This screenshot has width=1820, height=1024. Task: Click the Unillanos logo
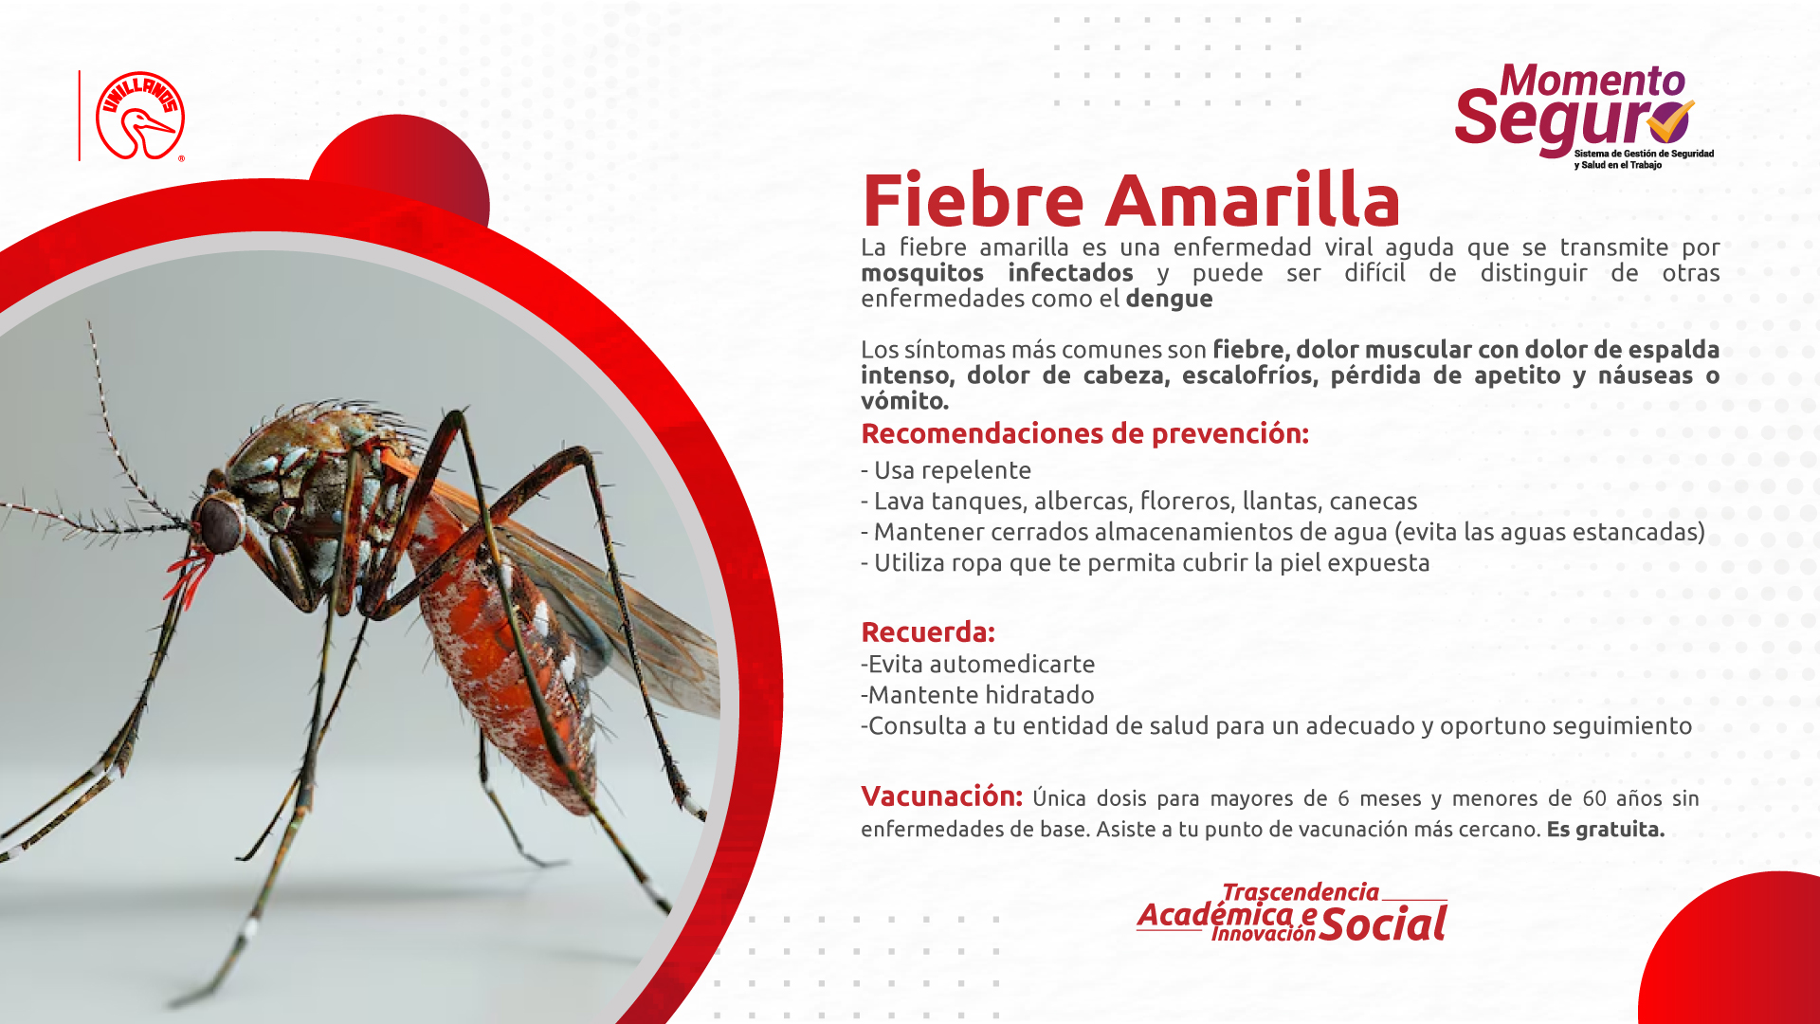click(x=140, y=116)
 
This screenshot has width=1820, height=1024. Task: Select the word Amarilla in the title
click(x=1253, y=200)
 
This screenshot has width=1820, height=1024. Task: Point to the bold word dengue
click(x=1169, y=299)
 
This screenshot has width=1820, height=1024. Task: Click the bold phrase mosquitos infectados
click(x=997, y=273)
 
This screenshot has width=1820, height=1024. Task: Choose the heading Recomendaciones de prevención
click(x=1084, y=433)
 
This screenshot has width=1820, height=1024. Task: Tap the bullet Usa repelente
click(x=946, y=470)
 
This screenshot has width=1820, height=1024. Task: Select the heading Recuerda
click(x=928, y=631)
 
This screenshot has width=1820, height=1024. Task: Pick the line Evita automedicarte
click(x=978, y=664)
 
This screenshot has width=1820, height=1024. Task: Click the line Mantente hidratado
click(x=977, y=695)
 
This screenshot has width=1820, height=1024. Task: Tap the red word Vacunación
click(x=941, y=796)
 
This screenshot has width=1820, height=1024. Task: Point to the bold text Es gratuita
click(x=1606, y=829)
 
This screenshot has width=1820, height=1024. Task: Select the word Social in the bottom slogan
click(x=1383, y=923)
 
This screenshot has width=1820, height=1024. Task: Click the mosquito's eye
click(x=220, y=523)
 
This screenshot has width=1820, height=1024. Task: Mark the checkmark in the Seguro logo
click(x=1670, y=121)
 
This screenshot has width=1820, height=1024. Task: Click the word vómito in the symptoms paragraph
click(x=904, y=401)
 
